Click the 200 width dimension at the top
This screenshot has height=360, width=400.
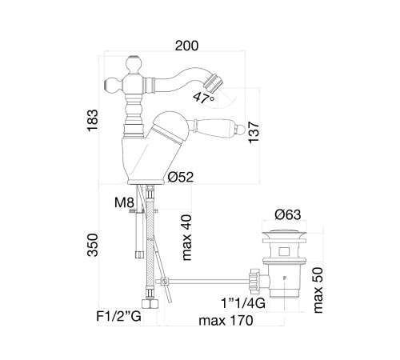click(x=186, y=46)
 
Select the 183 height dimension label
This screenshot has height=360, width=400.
click(x=93, y=120)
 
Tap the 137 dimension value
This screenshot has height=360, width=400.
click(x=254, y=132)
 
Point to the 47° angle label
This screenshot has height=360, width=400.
click(x=204, y=98)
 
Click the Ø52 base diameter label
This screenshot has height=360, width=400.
click(x=181, y=177)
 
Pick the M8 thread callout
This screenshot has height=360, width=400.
click(x=124, y=202)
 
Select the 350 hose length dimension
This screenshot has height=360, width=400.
click(x=93, y=245)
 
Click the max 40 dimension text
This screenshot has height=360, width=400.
click(x=186, y=238)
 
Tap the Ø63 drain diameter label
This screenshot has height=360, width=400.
click(x=288, y=214)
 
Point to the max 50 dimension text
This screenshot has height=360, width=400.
click(x=318, y=290)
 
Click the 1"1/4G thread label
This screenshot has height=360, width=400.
click(x=243, y=303)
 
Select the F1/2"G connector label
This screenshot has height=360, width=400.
click(x=118, y=317)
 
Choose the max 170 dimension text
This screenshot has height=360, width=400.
click(x=226, y=320)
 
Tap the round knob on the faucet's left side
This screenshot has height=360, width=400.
click(x=111, y=85)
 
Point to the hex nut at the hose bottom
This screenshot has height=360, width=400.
click(x=150, y=304)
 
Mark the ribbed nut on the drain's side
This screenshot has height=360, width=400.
click(x=254, y=279)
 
